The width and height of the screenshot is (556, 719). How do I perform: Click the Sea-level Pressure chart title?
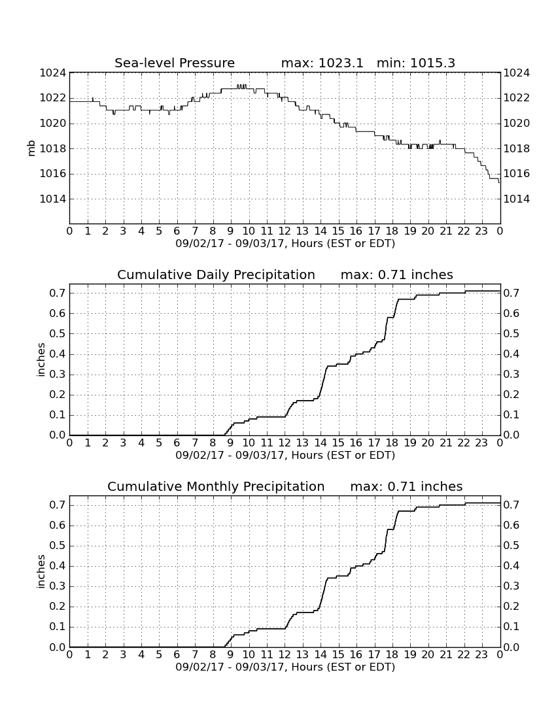pyautogui.click(x=175, y=63)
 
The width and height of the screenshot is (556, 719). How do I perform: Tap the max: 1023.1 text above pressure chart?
pyautogui.click(x=322, y=63)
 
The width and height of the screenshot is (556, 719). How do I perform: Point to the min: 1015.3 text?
pyautogui.click(x=416, y=63)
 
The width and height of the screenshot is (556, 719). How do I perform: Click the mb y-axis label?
pyautogui.click(x=31, y=148)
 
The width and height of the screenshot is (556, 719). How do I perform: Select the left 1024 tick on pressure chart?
pyautogui.click(x=53, y=73)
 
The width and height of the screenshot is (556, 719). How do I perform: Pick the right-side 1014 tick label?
pyautogui.click(x=517, y=199)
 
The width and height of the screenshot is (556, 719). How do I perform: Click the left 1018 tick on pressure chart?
pyautogui.click(x=53, y=148)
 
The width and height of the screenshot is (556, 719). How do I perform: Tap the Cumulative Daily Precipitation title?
pyautogui.click(x=216, y=275)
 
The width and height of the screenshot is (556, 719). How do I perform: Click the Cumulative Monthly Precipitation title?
pyautogui.click(x=216, y=486)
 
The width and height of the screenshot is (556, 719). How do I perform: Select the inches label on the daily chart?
pyautogui.click(x=41, y=360)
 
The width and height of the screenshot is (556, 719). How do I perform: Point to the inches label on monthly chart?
pyautogui.click(x=41, y=572)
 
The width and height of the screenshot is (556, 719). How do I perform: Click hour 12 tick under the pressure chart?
pyautogui.click(x=285, y=231)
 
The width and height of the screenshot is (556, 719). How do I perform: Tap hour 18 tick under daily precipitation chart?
pyautogui.click(x=392, y=443)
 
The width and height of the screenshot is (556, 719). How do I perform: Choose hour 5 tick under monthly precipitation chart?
pyautogui.click(x=159, y=655)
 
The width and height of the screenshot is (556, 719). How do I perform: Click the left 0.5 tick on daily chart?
pyautogui.click(x=58, y=333)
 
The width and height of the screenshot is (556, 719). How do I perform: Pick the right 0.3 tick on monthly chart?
pyautogui.click(x=512, y=586)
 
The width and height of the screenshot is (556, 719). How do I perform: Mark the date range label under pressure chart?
pyautogui.click(x=285, y=244)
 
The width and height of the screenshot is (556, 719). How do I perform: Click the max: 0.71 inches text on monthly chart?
pyautogui.click(x=406, y=486)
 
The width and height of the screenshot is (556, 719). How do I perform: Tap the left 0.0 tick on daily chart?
pyautogui.click(x=58, y=435)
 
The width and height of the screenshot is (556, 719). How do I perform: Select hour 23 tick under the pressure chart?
pyautogui.click(x=481, y=231)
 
